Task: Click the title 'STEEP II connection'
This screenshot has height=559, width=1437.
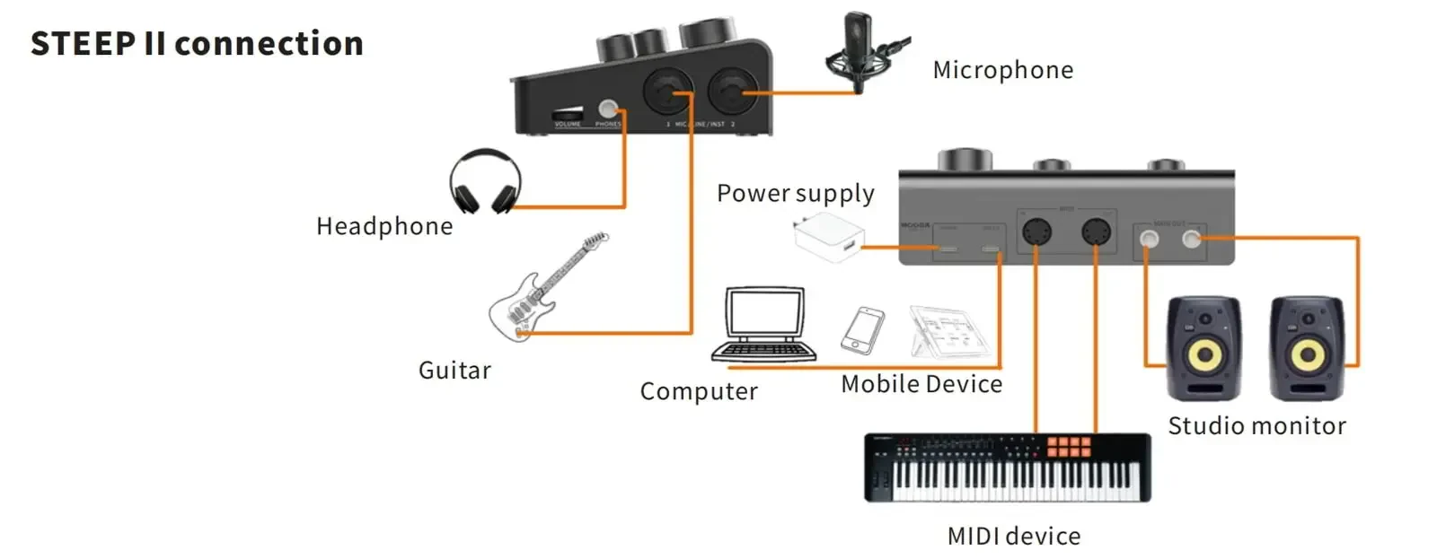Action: click(x=197, y=43)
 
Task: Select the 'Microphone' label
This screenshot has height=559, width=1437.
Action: click(x=1002, y=70)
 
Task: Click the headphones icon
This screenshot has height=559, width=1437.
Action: click(x=485, y=181)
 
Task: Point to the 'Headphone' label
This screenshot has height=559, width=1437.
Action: click(x=384, y=226)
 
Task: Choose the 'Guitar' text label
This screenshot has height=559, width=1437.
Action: click(x=454, y=371)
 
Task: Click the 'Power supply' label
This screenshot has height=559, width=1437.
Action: click(x=795, y=194)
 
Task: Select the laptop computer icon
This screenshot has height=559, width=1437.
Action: click(x=763, y=325)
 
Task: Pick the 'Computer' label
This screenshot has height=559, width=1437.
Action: click(x=699, y=391)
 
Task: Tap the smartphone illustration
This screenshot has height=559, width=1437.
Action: click(x=862, y=330)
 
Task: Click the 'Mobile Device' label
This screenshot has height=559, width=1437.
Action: click(x=921, y=384)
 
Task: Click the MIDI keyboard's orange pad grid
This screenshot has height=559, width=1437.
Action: click(x=1068, y=447)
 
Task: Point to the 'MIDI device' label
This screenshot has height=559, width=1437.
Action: click(x=1014, y=537)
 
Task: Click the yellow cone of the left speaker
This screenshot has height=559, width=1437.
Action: click(x=1203, y=355)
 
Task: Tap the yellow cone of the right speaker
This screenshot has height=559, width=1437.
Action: click(x=1307, y=355)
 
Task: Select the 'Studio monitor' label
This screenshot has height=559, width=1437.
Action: click(x=1256, y=426)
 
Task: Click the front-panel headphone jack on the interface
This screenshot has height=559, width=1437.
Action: click(x=608, y=109)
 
